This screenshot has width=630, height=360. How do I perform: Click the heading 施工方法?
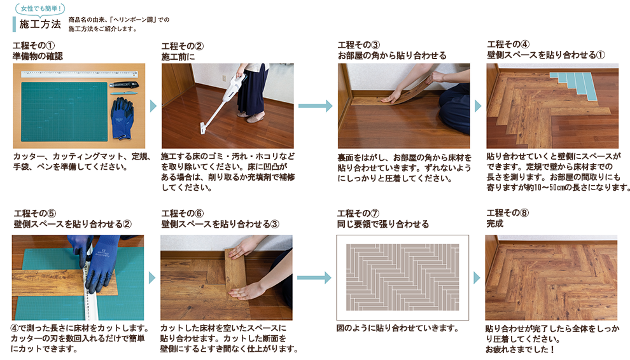pyautogui.click(x=40, y=24)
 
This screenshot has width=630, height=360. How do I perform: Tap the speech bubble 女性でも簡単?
pyautogui.click(x=40, y=8)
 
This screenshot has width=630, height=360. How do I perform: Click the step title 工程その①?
pyautogui.click(x=34, y=45)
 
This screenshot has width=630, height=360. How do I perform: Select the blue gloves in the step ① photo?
pyautogui.click(x=122, y=118)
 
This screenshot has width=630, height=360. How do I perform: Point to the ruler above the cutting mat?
pyautogui.click(x=80, y=74)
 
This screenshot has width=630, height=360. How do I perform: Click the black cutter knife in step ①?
pyautogui.click(x=124, y=85)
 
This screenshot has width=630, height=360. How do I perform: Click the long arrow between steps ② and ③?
pyautogui.click(x=316, y=106)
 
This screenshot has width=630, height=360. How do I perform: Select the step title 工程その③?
pyautogui.click(x=358, y=45)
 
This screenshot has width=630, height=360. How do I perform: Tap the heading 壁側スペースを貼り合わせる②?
pyautogui.click(x=73, y=224)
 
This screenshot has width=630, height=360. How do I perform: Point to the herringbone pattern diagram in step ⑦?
pyautogui.click(x=403, y=277)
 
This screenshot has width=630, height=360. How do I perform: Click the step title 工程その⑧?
pyautogui.click(x=507, y=213)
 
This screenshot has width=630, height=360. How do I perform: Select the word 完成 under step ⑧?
pyautogui.click(x=494, y=224)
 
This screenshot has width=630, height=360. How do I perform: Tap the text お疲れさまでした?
pyautogui.click(x=520, y=350)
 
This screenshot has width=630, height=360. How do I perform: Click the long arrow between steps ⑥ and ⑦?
pyautogui.click(x=314, y=278)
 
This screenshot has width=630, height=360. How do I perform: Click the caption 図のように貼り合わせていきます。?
pyautogui.click(x=398, y=328)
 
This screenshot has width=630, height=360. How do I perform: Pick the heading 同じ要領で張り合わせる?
pyautogui.click(x=383, y=224)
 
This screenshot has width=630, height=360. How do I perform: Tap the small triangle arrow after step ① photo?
pyautogui.click(x=153, y=106)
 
